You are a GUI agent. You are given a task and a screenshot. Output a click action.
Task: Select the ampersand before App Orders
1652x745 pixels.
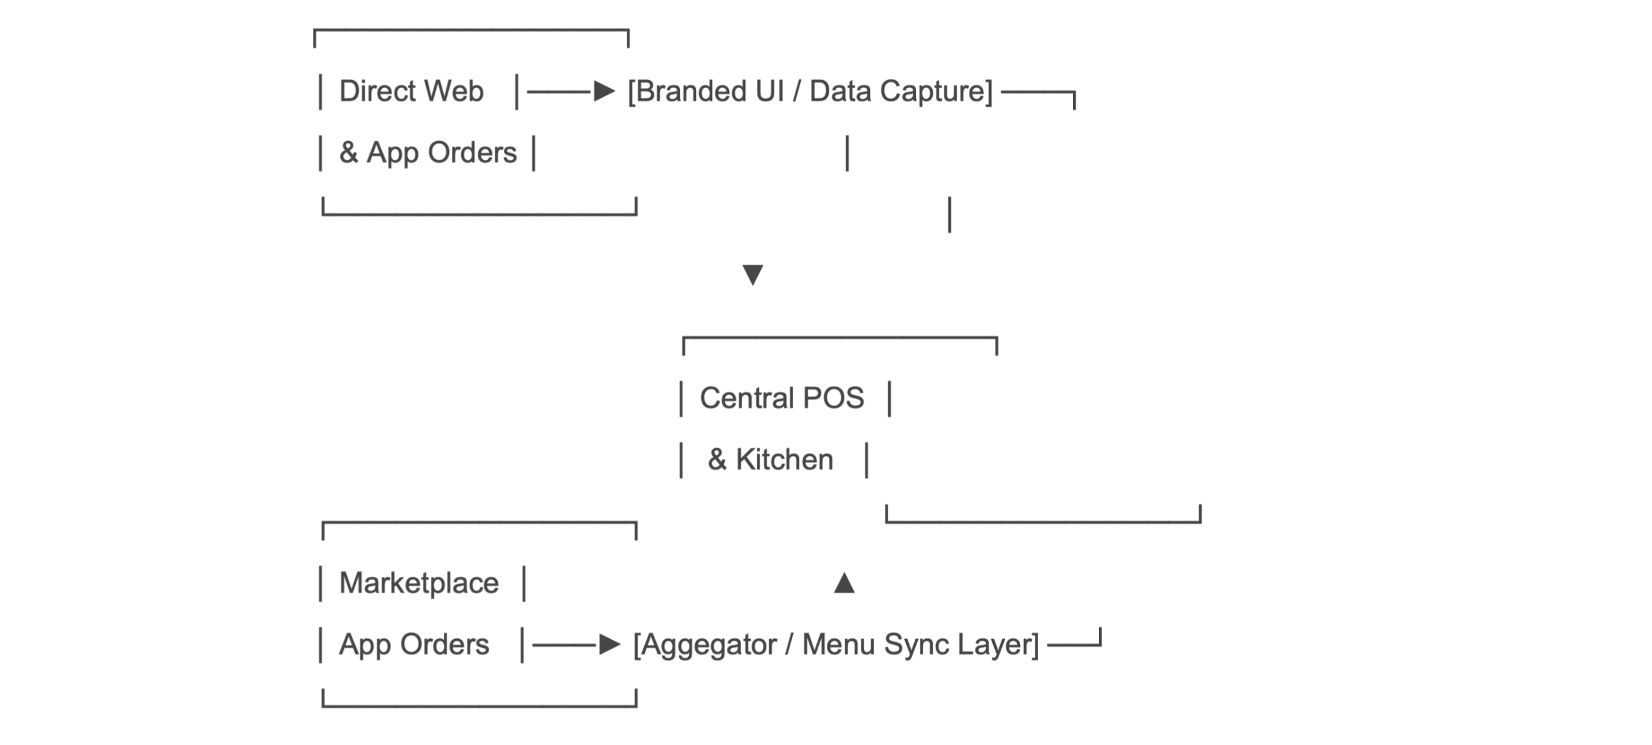click(349, 153)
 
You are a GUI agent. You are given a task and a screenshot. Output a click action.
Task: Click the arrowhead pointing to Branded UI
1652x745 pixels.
click(604, 92)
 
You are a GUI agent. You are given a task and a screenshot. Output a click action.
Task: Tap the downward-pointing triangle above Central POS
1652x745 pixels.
click(752, 275)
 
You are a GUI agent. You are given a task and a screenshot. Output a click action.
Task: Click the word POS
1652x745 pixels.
click(833, 398)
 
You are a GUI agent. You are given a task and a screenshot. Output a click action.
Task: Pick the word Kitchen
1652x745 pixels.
click(785, 459)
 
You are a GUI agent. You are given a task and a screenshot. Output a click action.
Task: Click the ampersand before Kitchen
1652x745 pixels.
click(717, 459)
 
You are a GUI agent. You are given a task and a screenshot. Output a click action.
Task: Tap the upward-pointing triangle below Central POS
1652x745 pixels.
click(844, 583)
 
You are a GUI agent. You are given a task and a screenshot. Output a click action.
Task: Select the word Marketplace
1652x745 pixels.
click(419, 583)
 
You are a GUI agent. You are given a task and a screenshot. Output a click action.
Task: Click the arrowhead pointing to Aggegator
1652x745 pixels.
click(609, 645)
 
